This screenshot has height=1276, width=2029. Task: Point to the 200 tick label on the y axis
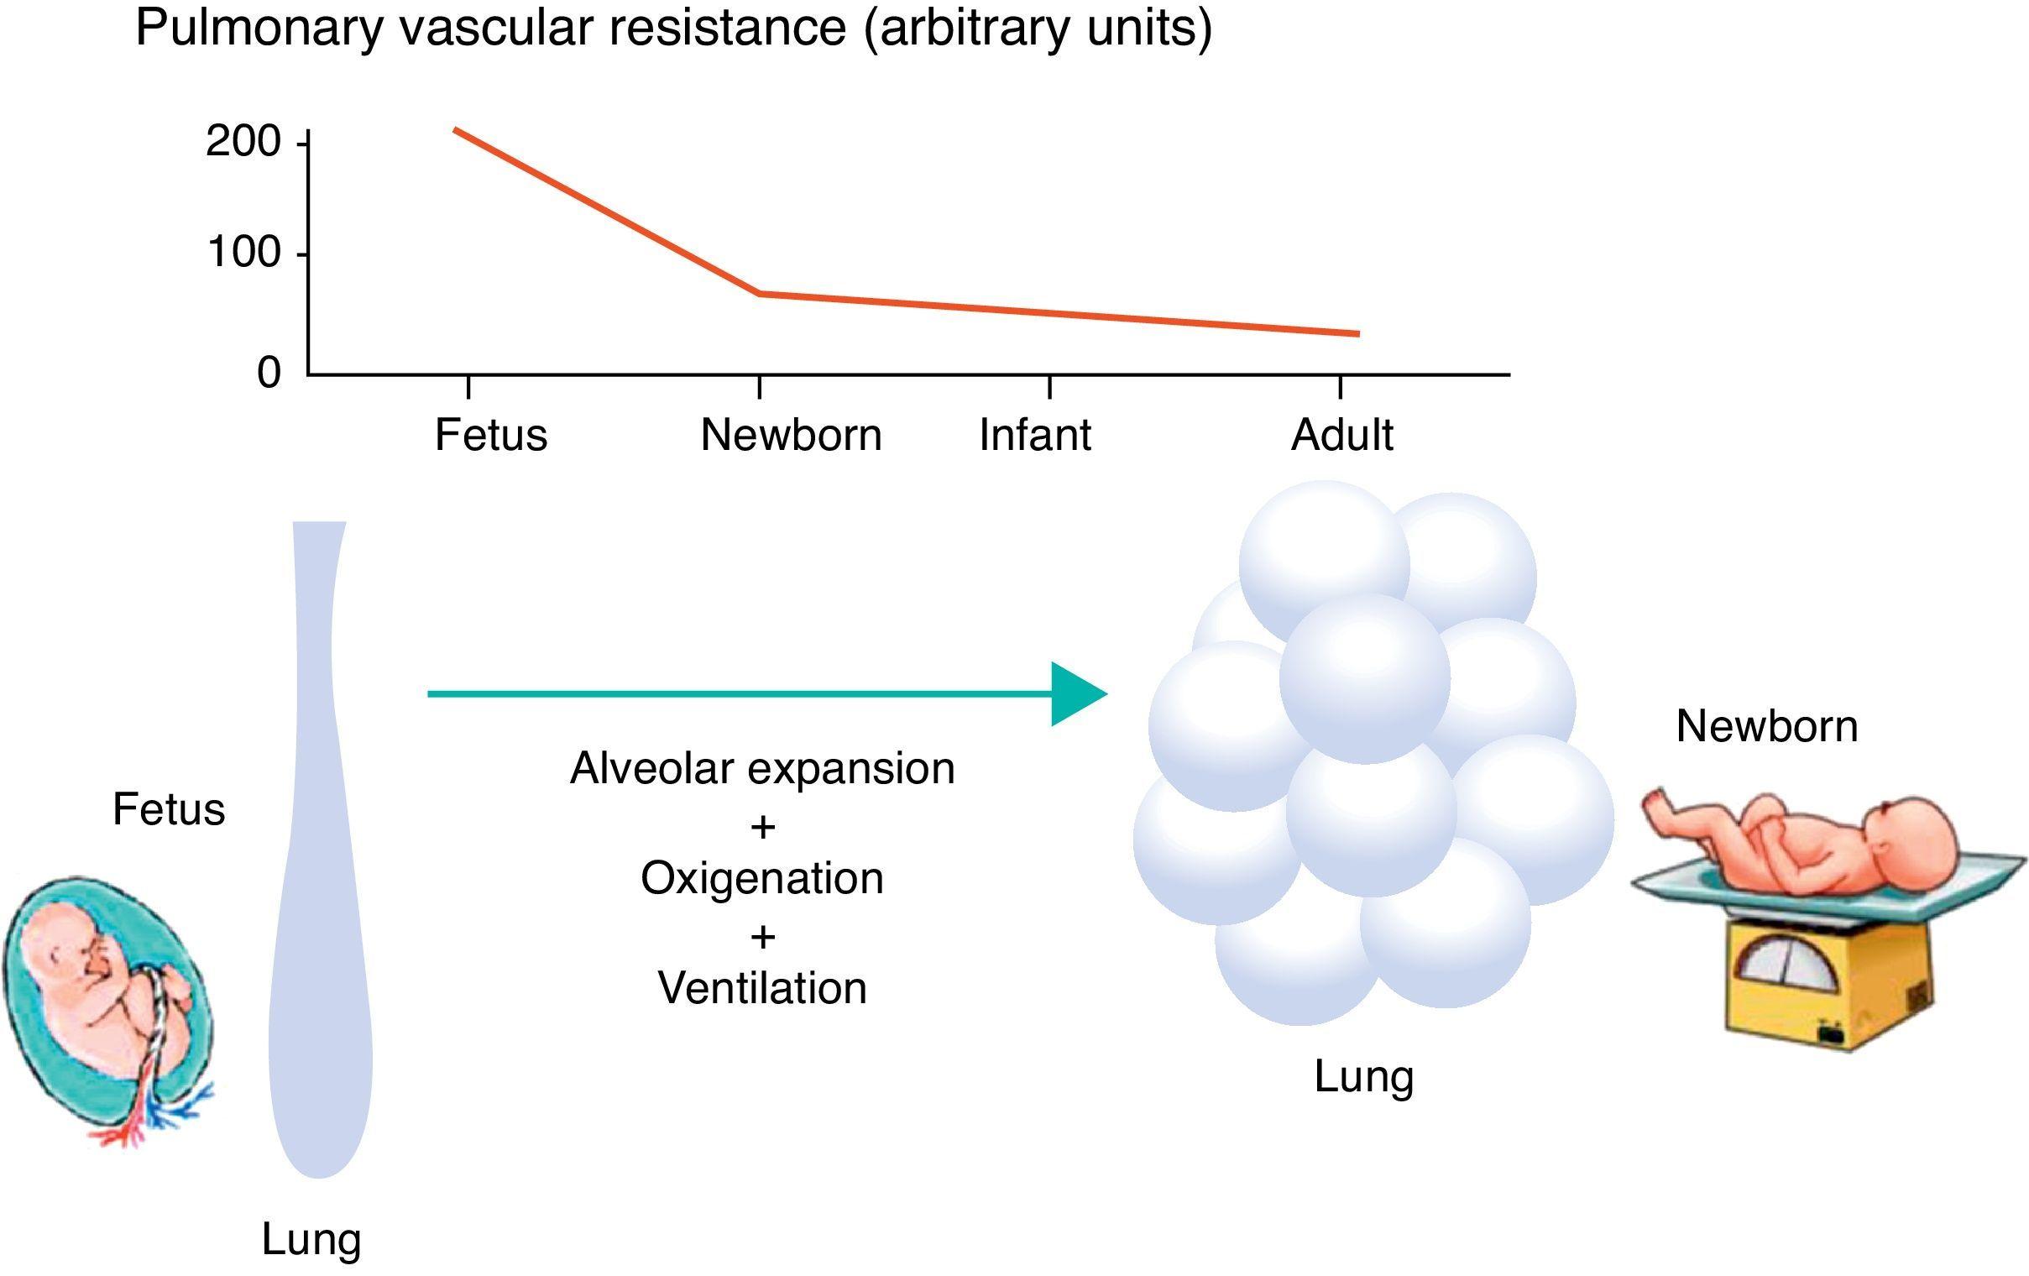243,142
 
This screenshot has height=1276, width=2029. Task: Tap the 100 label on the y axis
243,253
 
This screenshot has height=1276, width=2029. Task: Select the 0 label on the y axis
269,372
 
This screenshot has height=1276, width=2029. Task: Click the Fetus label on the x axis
490,436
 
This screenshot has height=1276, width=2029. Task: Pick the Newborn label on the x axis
791,436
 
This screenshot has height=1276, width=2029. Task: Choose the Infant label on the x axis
1034,436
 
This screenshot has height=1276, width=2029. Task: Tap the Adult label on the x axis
1341,436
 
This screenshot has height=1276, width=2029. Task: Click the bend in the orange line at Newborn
760,293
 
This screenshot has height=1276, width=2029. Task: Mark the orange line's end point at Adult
1357,334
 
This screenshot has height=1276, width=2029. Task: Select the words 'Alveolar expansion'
761,769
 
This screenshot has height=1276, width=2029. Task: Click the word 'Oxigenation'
761,878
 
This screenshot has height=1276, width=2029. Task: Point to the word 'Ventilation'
761,988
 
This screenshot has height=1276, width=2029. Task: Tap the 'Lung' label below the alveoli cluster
1363,1077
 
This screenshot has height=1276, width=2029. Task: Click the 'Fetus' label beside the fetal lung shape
169,810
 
